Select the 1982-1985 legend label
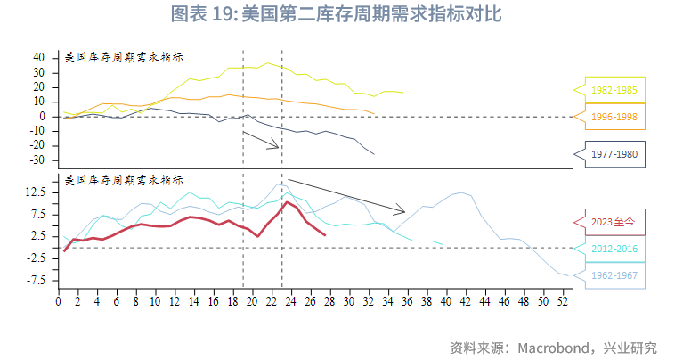point(614,90)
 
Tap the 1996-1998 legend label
point(614,117)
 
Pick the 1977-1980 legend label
point(614,153)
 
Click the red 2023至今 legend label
point(614,222)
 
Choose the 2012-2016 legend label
point(614,249)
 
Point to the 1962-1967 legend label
point(614,275)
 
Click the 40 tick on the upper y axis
point(39,57)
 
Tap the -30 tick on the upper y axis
point(37,160)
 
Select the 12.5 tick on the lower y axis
point(36,192)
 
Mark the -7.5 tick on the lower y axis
point(36,281)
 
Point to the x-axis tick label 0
point(58,301)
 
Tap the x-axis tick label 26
point(309,301)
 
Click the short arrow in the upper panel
point(262,140)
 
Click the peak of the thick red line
point(286,202)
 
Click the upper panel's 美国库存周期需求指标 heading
point(125,57)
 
